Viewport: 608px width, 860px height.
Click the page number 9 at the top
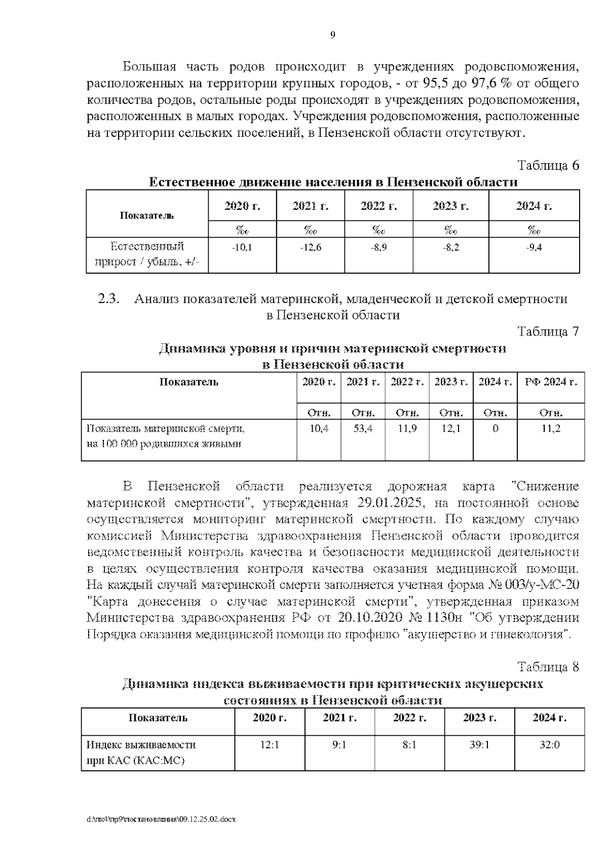[x=332, y=35]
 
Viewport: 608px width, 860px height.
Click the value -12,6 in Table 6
[x=311, y=248]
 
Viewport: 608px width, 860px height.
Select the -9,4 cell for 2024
[x=534, y=248]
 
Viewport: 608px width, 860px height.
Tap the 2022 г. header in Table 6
[x=378, y=206]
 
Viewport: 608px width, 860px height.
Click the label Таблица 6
[x=548, y=166]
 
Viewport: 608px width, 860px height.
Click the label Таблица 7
[x=548, y=332]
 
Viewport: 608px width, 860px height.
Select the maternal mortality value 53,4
[x=363, y=429]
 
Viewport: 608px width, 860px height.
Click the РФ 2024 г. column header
[x=551, y=382]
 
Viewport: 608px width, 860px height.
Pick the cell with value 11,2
[x=551, y=429]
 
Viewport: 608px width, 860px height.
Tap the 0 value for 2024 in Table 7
[x=495, y=429]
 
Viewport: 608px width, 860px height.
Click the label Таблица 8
[x=548, y=667]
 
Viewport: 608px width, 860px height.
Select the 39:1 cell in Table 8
[x=479, y=745]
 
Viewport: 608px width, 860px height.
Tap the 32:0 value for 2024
[x=549, y=745]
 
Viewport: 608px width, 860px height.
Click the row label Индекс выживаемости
[x=141, y=745]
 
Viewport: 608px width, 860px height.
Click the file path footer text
[x=161, y=819]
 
